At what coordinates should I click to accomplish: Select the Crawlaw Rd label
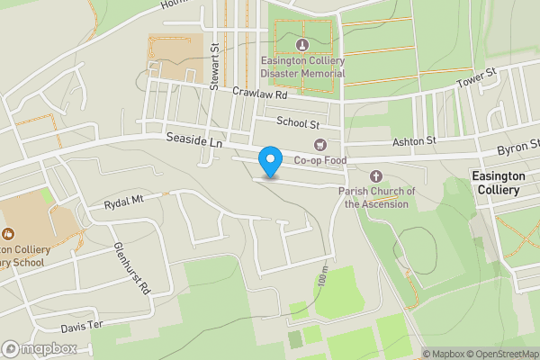[x=258, y=94]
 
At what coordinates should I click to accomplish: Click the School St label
[x=298, y=121]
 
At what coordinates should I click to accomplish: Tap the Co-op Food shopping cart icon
[x=319, y=145]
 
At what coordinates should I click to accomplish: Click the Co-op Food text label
[x=319, y=160]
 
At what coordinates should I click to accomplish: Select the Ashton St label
[x=413, y=140]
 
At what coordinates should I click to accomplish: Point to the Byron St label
[x=519, y=145]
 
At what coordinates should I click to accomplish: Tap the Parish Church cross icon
[x=376, y=176]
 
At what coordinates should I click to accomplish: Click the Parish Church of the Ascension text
[x=377, y=197]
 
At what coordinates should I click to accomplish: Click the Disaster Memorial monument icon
[x=301, y=44]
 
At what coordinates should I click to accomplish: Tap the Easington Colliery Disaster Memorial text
[x=302, y=66]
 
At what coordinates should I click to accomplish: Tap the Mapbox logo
[x=40, y=348]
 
